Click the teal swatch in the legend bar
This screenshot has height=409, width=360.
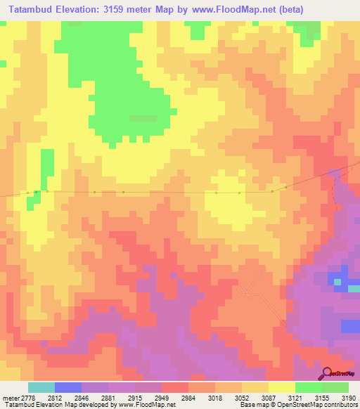click(41, 387)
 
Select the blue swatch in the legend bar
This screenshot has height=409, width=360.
click(68, 387)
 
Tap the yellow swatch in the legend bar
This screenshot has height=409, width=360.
click(281, 387)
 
